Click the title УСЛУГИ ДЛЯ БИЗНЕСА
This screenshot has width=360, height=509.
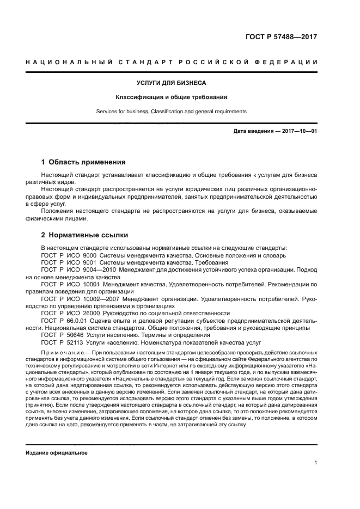point(171,83)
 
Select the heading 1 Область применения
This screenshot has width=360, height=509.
point(84,162)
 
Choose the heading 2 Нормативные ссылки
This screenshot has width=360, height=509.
point(84,235)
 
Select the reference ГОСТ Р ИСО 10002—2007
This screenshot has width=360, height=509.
point(76,299)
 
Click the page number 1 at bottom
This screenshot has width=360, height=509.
point(316,463)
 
